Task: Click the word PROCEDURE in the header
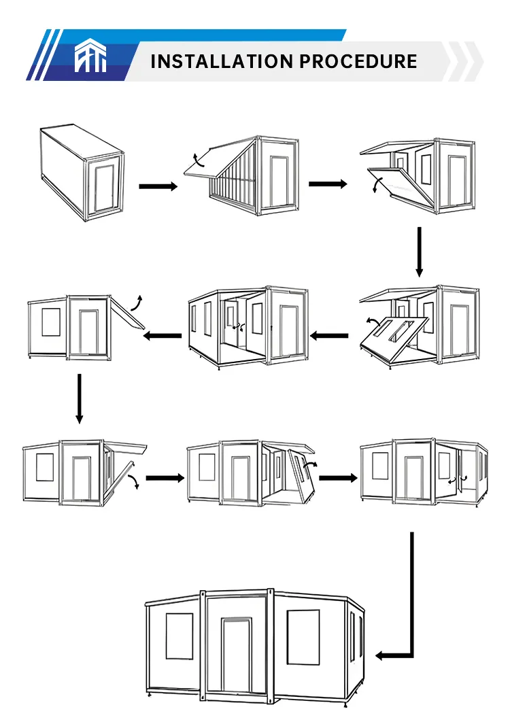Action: pyautogui.click(x=358, y=61)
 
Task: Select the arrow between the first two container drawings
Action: pyautogui.click(x=158, y=186)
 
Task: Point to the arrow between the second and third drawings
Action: pyautogui.click(x=328, y=184)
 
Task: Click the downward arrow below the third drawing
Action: pyautogui.click(x=419, y=252)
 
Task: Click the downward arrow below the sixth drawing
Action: pyautogui.click(x=80, y=398)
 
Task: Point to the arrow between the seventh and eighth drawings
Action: pyautogui.click(x=165, y=478)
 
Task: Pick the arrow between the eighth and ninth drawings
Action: pyautogui.click(x=338, y=478)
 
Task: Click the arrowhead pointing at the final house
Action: pyautogui.click(x=382, y=655)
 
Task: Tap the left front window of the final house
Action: pyautogui.click(x=180, y=636)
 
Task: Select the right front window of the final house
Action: pyautogui.click(x=303, y=636)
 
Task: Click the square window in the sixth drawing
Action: pyautogui.click(x=51, y=322)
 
